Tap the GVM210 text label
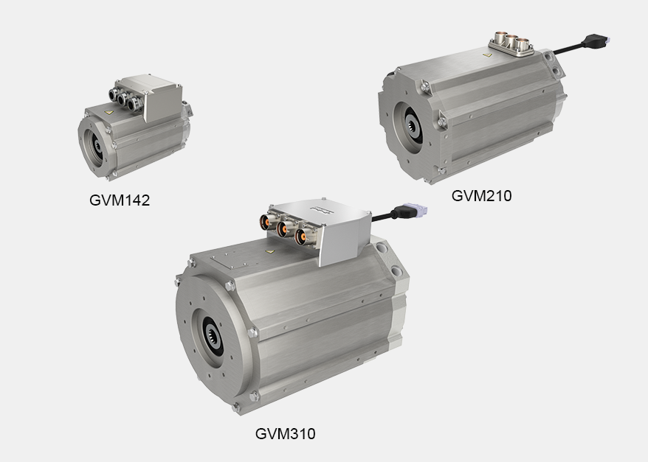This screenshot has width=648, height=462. click(x=481, y=196)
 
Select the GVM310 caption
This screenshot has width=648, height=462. click(x=285, y=434)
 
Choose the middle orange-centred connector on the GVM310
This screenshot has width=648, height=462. click(x=281, y=228)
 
